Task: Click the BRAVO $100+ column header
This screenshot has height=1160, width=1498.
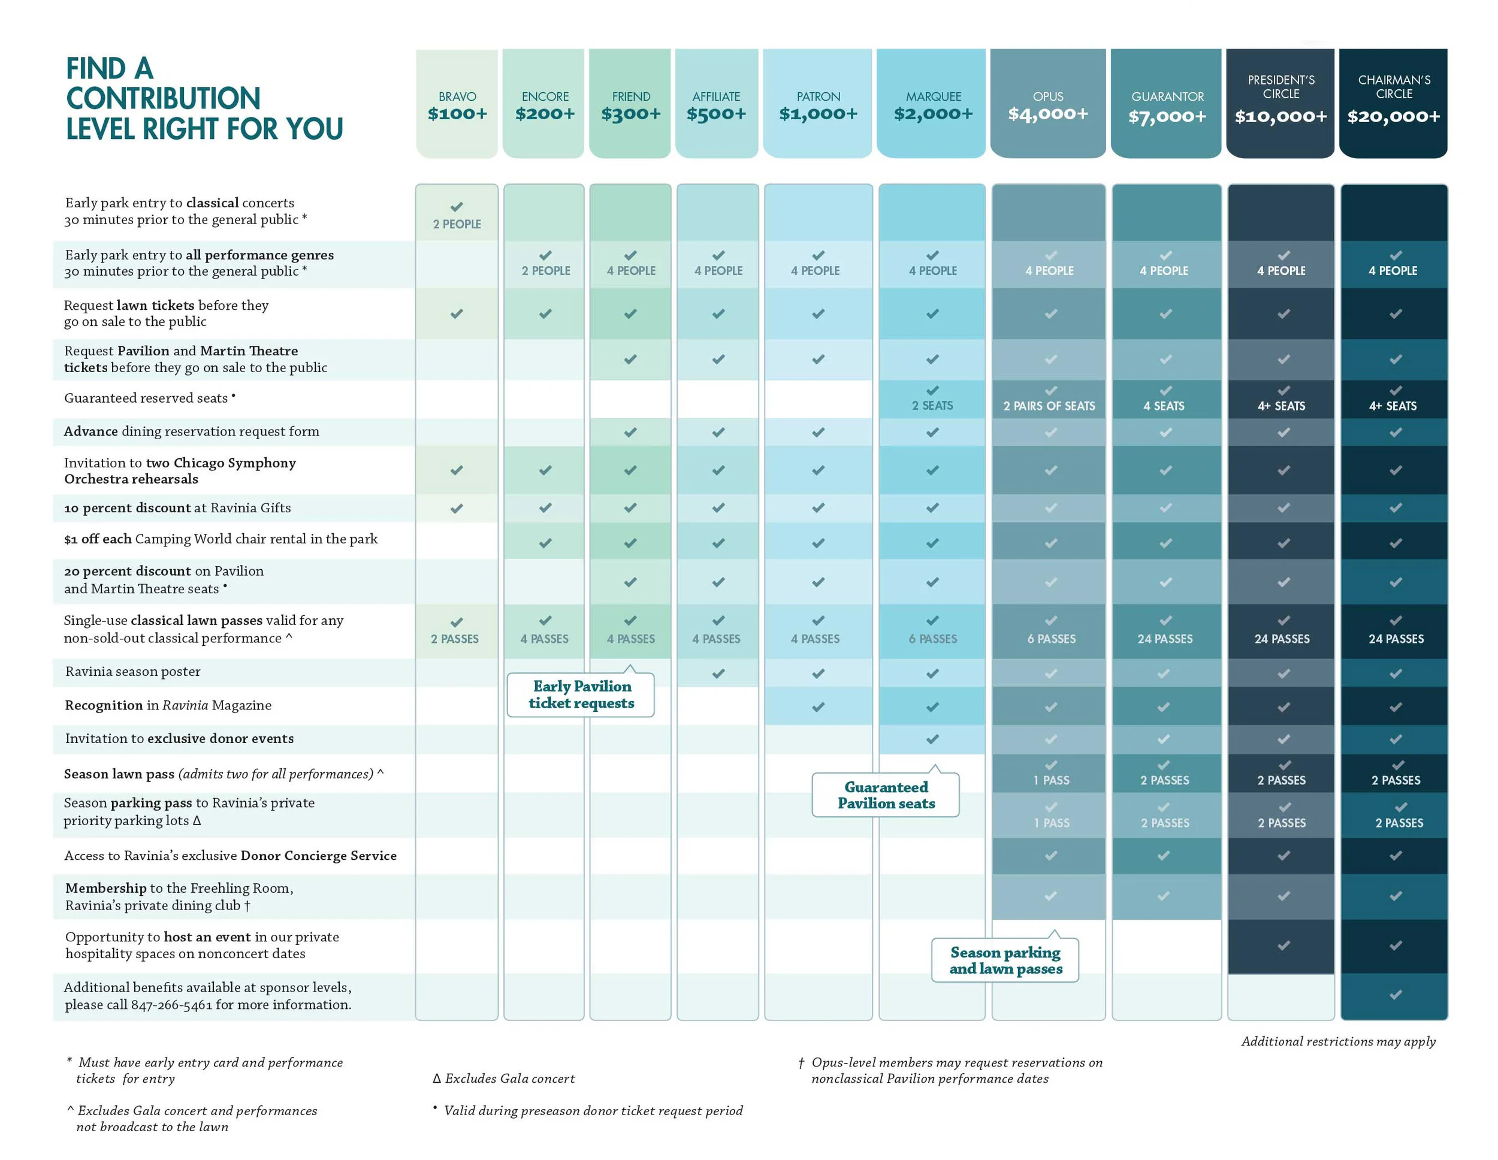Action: [457, 105]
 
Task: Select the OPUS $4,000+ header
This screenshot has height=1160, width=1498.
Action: [1047, 105]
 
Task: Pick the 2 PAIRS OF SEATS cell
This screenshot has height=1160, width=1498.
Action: [1049, 406]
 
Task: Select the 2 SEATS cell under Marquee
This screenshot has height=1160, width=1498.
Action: [932, 406]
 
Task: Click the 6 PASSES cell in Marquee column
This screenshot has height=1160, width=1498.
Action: [932, 639]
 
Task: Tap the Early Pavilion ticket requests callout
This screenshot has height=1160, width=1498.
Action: [581, 694]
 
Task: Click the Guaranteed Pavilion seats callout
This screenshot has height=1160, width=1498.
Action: [886, 795]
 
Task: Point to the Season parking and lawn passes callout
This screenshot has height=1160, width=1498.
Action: [1005, 960]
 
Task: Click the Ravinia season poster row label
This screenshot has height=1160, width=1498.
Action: [133, 672]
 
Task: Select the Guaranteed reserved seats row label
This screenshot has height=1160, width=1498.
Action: [146, 398]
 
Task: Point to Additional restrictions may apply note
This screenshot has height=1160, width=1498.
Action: [1337, 1041]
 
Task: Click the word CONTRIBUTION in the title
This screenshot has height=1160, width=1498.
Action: [163, 99]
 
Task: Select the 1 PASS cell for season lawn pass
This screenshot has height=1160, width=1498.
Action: [1051, 780]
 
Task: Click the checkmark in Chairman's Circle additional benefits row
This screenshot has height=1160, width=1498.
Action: [1395, 995]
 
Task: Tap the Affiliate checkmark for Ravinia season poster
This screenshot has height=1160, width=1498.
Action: [717, 673]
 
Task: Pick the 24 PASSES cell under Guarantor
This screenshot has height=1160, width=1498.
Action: [1165, 639]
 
